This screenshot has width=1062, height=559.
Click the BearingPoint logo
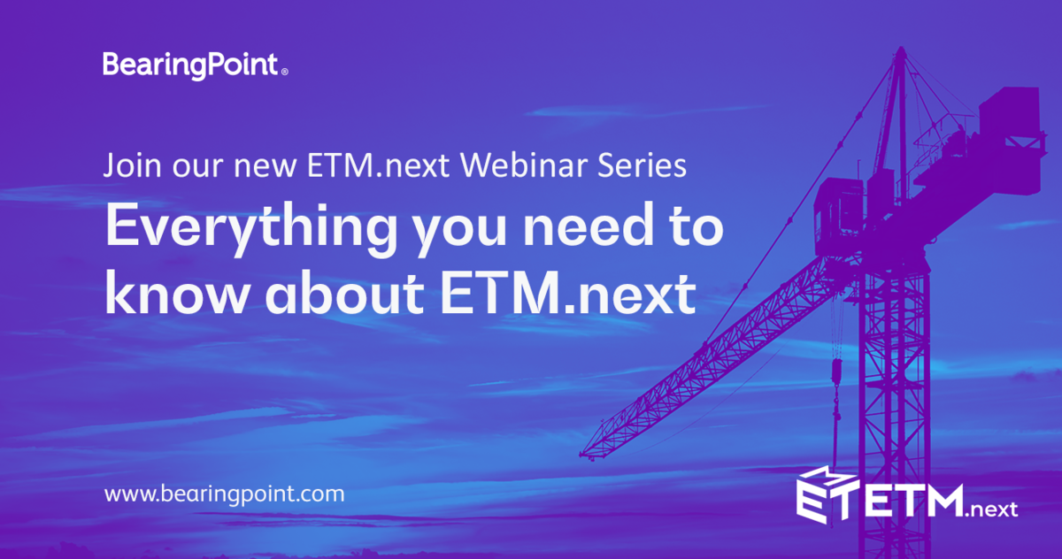(190, 65)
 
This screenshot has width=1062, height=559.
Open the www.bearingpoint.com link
(224, 494)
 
